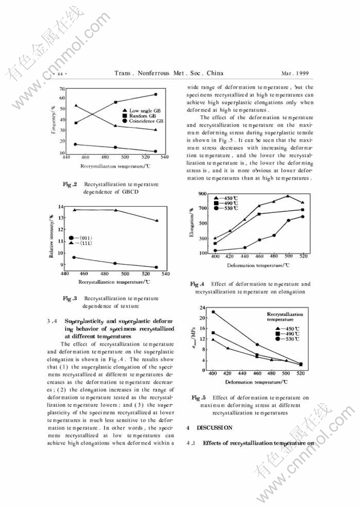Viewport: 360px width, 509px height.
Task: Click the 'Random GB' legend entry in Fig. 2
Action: point(138,115)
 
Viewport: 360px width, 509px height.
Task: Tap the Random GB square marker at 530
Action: point(156,94)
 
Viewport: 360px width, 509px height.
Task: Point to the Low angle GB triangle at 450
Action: point(76,105)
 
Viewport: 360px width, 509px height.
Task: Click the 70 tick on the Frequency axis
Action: point(62,88)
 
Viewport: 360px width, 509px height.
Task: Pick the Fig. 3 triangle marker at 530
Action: point(156,220)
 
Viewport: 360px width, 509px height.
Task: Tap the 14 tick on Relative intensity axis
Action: point(61,206)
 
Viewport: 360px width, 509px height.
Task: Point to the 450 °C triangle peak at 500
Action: point(287,196)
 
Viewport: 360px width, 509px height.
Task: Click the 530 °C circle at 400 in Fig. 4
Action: point(215,251)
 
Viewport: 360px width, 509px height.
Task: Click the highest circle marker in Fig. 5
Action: point(213,312)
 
